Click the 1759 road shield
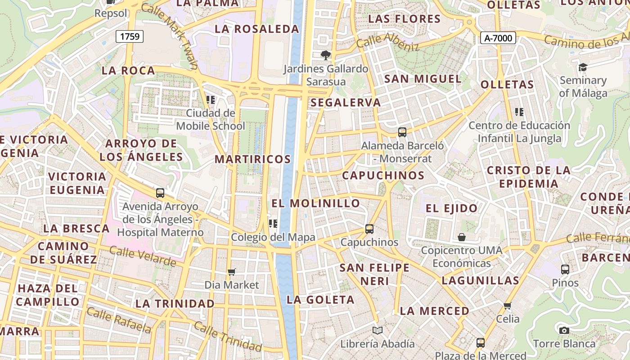130,36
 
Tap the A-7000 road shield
498,38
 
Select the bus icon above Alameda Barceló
402,132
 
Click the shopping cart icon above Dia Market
232,272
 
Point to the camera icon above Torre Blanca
564,330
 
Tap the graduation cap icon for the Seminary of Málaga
583,67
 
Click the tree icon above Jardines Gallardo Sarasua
325,55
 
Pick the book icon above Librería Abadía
377,331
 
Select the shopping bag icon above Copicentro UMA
462,237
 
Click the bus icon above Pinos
565,270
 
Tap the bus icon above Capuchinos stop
369,229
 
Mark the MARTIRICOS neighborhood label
252,159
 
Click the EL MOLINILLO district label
316,203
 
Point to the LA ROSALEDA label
257,29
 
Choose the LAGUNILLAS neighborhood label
481,281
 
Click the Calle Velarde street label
143,256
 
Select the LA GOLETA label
321,300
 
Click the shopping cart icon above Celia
508,306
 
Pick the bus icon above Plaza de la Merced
480,343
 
